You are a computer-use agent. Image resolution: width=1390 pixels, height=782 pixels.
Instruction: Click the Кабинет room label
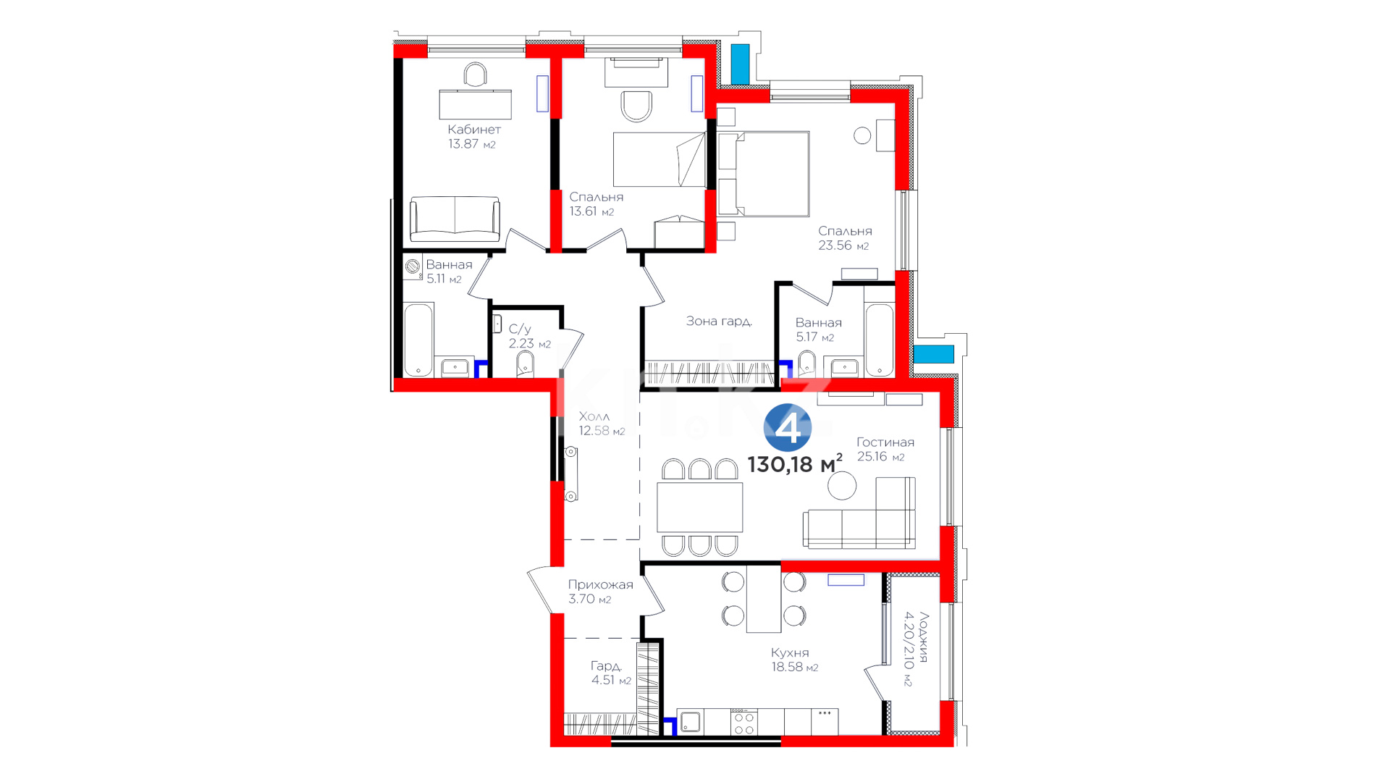pyautogui.click(x=474, y=130)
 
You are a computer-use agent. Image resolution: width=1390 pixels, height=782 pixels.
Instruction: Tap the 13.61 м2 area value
pyautogui.click(x=591, y=211)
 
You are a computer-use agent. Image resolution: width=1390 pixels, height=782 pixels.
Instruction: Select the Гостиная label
pyautogui.click(x=885, y=442)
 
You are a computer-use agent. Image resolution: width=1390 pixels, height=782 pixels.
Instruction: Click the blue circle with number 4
pyautogui.click(x=788, y=428)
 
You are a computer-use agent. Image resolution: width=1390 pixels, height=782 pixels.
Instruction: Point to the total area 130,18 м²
pyautogui.click(x=795, y=463)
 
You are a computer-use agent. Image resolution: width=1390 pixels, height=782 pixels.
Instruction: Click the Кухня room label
pyautogui.click(x=790, y=652)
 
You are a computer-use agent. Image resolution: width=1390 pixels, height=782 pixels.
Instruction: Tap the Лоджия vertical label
pyautogui.click(x=923, y=637)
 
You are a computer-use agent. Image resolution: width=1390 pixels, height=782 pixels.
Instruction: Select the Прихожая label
pyautogui.click(x=600, y=584)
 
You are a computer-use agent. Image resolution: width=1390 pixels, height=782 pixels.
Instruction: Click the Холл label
pyautogui.click(x=594, y=416)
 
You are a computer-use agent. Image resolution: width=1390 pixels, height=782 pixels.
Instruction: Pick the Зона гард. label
pyautogui.click(x=719, y=321)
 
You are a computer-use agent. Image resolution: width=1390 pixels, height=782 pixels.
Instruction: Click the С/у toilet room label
pyautogui.click(x=520, y=329)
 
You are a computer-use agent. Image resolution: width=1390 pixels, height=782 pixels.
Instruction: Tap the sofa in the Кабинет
pyautogui.click(x=455, y=219)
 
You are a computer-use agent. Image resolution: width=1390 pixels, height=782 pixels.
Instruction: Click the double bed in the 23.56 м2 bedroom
pyautogui.click(x=764, y=174)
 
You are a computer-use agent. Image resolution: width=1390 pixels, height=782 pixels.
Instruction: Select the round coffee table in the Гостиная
pyautogui.click(x=843, y=486)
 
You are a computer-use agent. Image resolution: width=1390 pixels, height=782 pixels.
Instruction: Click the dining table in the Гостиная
pyautogui.click(x=700, y=508)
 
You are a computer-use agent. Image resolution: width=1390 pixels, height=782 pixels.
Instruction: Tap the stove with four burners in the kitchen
pyautogui.click(x=744, y=722)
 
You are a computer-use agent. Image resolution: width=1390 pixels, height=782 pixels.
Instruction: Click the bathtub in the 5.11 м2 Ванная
pyautogui.click(x=418, y=340)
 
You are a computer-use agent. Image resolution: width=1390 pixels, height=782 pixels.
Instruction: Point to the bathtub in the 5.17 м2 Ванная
pyautogui.click(x=880, y=340)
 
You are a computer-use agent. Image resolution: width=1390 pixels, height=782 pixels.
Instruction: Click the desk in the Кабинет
pyautogui.click(x=475, y=104)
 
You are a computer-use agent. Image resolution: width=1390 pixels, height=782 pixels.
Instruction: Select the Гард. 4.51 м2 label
pyautogui.click(x=611, y=673)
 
